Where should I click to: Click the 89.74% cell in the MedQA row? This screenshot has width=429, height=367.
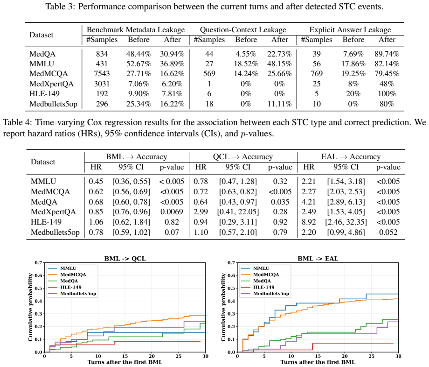pos(387,54)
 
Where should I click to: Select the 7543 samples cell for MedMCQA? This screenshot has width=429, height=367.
pos(102,74)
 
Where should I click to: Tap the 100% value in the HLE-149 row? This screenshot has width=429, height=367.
pos(387,94)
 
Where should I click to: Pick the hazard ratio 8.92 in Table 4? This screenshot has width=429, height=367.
pos(309,222)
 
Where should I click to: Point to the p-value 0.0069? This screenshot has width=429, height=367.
pos(172,212)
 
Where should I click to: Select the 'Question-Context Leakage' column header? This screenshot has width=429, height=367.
pos(243,29)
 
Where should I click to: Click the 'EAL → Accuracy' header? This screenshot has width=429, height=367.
pos(351,157)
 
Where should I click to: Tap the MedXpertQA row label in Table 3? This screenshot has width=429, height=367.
pos(51,84)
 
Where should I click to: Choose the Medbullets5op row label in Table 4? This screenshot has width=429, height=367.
pos(55,232)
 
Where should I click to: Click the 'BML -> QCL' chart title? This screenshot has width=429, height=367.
pos(125,259)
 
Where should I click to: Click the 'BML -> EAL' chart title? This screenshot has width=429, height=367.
pos(318,259)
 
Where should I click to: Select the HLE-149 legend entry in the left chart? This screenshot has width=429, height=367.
pos(71,287)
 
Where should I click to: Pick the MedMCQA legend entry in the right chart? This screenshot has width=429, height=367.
pos(266,275)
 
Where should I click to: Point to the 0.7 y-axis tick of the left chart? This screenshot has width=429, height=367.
pos(38,263)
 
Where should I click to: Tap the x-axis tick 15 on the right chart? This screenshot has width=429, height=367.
pos(318,356)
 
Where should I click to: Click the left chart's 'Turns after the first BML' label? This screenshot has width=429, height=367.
pos(125,362)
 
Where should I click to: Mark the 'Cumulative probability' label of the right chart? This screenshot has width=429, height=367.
pos(223,307)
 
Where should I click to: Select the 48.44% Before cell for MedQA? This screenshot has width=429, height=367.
pos(138,54)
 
